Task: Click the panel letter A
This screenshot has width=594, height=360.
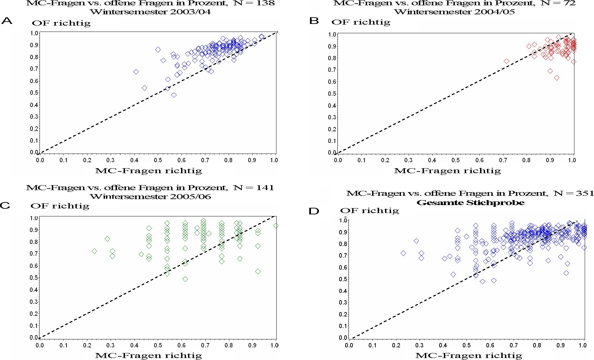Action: click(7, 21)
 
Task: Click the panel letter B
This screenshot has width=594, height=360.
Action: click(314, 21)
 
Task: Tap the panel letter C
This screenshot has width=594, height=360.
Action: click(5, 205)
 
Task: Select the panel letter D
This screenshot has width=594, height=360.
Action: click(314, 211)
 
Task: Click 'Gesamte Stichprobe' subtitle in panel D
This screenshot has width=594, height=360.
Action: click(470, 203)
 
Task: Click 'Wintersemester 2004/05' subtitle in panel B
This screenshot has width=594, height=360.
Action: click(454, 12)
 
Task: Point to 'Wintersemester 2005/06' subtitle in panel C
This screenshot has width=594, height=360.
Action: click(150, 196)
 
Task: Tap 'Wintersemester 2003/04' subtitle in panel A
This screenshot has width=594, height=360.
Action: click(150, 12)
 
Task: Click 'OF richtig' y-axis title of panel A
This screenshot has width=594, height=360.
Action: click(61, 23)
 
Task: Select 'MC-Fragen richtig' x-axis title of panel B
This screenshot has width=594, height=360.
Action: click(447, 171)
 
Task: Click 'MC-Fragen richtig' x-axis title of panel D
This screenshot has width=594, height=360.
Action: click(469, 356)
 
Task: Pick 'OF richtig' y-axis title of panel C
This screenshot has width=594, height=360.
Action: click(60, 206)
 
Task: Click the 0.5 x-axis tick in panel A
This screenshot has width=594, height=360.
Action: click(158, 160)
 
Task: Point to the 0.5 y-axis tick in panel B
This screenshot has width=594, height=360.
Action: click(332, 94)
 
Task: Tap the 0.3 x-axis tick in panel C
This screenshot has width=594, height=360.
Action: click(111, 345)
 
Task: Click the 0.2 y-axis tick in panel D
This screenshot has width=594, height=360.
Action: click(344, 314)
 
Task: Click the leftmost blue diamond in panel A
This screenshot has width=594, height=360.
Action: click(136, 72)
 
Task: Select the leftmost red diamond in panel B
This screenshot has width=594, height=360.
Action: click(506, 61)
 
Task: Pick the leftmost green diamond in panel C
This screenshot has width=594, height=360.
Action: click(94, 251)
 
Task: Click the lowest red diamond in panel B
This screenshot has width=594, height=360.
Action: click(557, 78)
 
